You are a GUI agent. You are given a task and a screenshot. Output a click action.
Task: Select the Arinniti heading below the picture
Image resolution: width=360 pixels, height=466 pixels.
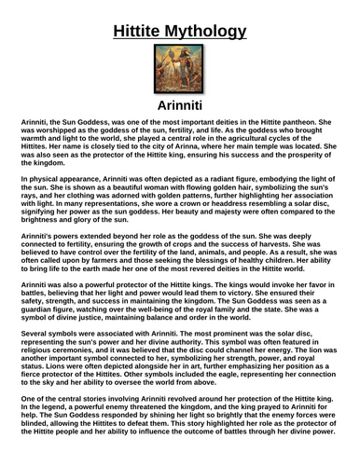click(x=180, y=105)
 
